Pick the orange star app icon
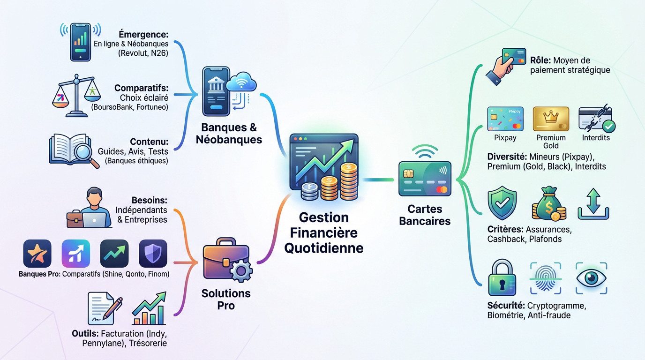click(37, 254)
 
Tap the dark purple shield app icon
click(153, 254)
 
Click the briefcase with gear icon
click(227, 261)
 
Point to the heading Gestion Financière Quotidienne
click(323, 232)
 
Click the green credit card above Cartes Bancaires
click(425, 179)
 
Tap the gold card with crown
click(551, 119)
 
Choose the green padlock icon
click(502, 278)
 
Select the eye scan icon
click(591, 278)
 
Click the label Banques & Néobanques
click(232, 134)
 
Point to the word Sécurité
click(504, 306)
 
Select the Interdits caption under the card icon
click(596, 138)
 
